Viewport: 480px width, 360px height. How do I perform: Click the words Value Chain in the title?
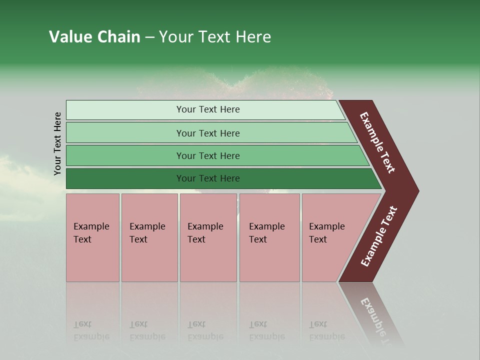tap(94, 37)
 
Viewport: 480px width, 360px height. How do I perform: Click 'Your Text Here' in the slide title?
tap(215, 37)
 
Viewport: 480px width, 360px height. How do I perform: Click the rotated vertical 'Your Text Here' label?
tap(57, 143)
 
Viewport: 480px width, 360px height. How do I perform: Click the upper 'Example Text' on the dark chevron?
tap(377, 142)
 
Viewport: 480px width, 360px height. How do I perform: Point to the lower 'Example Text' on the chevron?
tap(379, 236)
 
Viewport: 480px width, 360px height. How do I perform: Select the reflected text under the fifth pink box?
tap(326, 331)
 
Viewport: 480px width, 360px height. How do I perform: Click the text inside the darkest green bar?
tap(208, 178)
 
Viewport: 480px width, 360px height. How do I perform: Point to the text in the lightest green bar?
tap(208, 109)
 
